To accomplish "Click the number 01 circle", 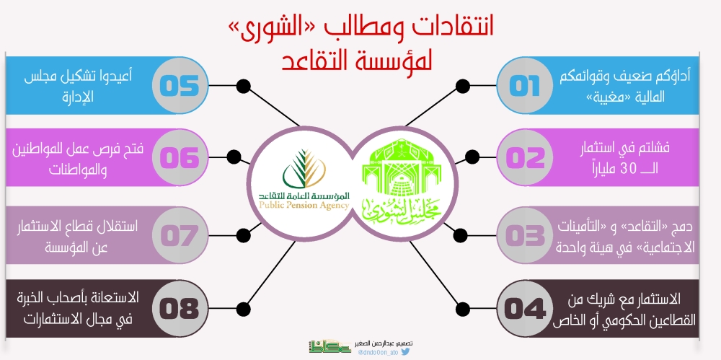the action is click(x=525, y=86).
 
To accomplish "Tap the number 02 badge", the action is click(x=525, y=157).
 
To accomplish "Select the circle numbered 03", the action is click(x=525, y=236).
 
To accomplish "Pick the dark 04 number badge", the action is click(x=525, y=309).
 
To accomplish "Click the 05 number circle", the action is click(x=180, y=86).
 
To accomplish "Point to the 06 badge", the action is click(x=180, y=157).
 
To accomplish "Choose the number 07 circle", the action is click(x=180, y=236).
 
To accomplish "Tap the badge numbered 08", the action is click(x=180, y=309).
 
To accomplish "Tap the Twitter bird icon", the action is click(x=405, y=352).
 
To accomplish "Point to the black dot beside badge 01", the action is click(x=463, y=86).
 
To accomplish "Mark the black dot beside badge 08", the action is click(x=243, y=309).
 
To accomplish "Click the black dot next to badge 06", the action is click(x=234, y=157).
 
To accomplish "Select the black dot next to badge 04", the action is click(x=464, y=309).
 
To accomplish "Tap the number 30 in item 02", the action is click(x=628, y=169).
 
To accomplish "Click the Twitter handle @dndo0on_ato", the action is click(x=378, y=353).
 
